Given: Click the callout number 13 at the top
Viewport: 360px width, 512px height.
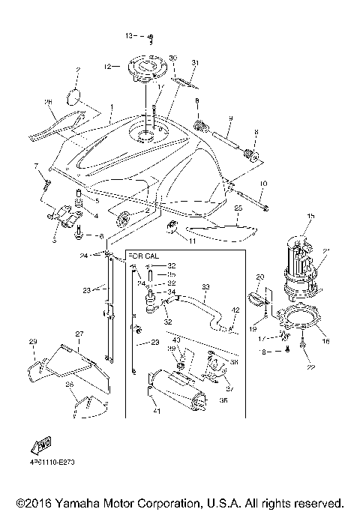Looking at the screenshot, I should coord(128,35).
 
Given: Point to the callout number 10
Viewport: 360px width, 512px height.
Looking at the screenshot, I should coord(263,184).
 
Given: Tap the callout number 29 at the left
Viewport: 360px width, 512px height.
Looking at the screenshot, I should coord(32,342).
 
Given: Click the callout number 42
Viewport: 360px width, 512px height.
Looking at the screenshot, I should coord(235,310).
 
